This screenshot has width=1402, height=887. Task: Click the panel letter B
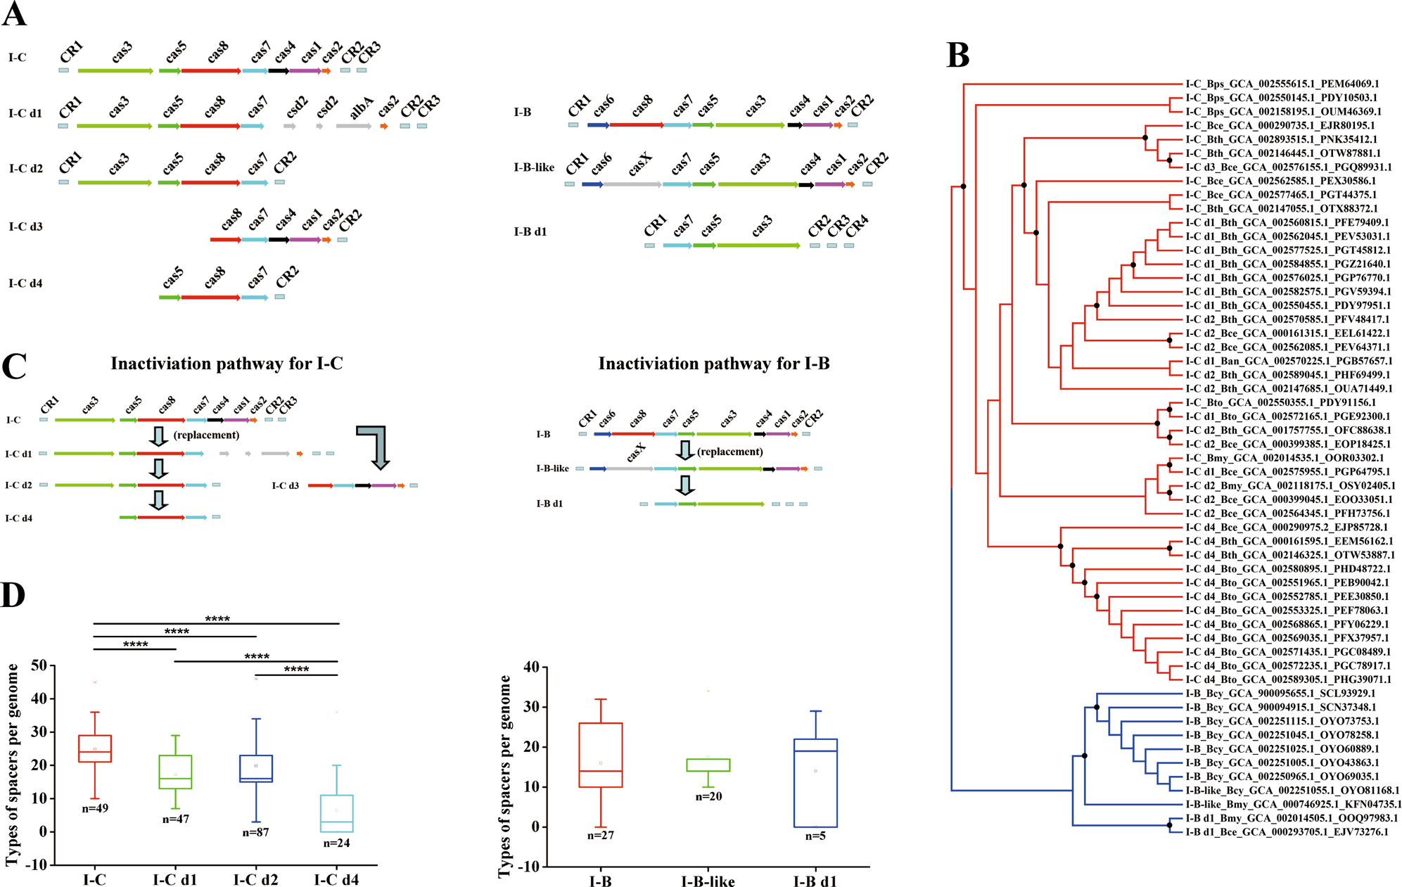[x=957, y=56]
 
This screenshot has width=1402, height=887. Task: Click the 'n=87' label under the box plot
[x=255, y=832]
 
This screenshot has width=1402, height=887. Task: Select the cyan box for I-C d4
[x=336, y=813]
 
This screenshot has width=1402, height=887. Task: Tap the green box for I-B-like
[x=708, y=765]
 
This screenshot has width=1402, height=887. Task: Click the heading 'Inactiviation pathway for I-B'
[x=713, y=364]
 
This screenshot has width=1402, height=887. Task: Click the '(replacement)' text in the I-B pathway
[x=729, y=452]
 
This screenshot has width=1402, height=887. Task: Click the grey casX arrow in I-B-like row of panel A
[x=631, y=184]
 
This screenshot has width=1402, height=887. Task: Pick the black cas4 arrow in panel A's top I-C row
[x=279, y=70]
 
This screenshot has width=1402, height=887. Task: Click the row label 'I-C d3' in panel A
[x=25, y=226]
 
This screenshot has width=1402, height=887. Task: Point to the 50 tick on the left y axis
[x=39, y=665]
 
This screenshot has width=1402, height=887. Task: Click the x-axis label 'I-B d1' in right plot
[x=815, y=881]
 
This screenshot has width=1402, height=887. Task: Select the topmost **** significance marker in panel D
[x=217, y=619]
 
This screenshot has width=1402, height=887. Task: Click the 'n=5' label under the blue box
[x=815, y=836]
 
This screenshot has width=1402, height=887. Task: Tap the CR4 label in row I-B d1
[x=858, y=226]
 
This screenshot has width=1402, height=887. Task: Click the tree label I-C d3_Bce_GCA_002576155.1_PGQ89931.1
[x=1288, y=167]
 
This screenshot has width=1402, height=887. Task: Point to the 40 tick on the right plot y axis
[x=532, y=667]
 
